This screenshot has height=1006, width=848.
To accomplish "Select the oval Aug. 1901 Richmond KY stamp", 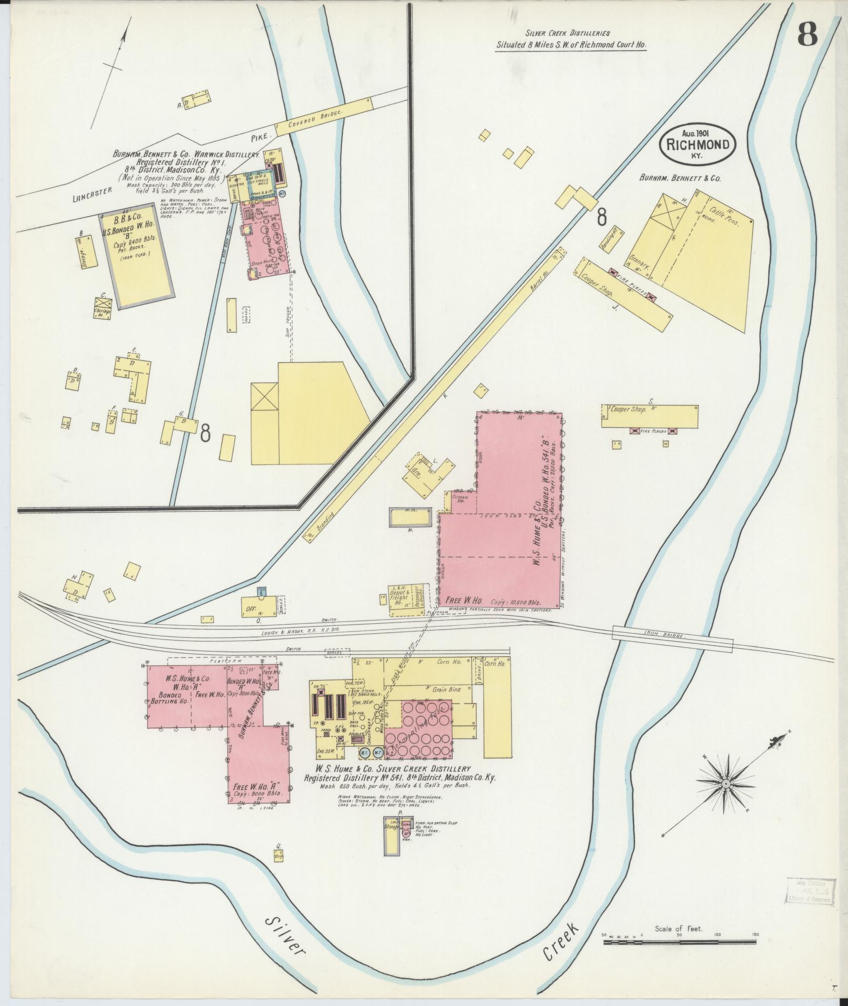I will pyautogui.click(x=698, y=140).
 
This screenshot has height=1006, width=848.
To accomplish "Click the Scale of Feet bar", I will pyautogui.click(x=679, y=942).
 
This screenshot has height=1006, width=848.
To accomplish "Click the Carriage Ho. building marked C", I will pyautogui.click(x=103, y=310).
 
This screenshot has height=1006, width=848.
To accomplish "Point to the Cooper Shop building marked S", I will pyautogui.click(x=650, y=416).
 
